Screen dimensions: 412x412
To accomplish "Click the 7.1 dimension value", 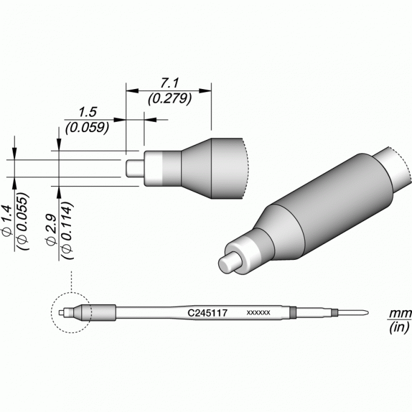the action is [169, 83].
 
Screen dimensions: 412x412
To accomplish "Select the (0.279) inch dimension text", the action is [170, 99].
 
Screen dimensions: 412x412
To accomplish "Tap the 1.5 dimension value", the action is [88, 112].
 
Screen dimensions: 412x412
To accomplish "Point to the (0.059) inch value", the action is [87, 128].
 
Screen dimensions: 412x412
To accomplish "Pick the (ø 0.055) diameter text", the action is [23, 221].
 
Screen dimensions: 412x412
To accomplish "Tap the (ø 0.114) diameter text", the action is [67, 230].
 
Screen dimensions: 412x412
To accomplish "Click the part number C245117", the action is [207, 313].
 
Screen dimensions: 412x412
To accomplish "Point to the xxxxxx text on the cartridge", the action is [258, 313].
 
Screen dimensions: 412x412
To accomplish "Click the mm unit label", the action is [400, 313].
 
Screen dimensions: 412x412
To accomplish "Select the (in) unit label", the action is [399, 328].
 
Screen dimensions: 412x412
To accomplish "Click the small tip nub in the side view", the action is [135, 168].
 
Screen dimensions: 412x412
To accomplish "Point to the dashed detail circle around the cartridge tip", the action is [51, 313].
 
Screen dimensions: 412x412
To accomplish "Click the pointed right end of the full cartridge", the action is [368, 313].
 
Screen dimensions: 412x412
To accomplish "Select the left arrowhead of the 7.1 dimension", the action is [132, 91].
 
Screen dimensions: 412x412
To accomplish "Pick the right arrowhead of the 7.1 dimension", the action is [205, 91].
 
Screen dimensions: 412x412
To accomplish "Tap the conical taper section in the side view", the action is [196, 168].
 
